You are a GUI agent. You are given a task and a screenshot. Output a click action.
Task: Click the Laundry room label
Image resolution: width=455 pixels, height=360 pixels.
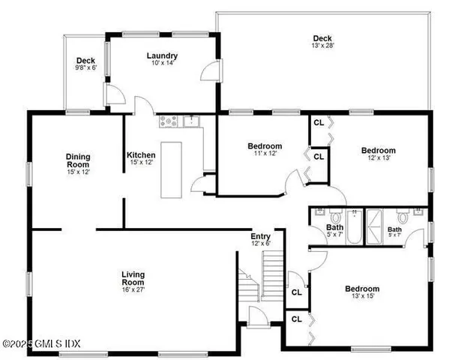(162, 55)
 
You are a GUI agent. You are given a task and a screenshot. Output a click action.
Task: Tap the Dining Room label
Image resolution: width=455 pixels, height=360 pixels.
(78, 160)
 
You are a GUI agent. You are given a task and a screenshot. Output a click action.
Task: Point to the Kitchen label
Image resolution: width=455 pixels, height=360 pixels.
(141, 155)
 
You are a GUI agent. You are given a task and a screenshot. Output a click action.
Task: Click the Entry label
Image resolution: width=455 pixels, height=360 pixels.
(260, 235)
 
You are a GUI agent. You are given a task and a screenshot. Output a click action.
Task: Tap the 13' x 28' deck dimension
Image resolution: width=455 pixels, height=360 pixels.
(323, 46)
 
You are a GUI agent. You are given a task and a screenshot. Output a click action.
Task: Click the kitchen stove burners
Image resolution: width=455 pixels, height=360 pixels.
(167, 120)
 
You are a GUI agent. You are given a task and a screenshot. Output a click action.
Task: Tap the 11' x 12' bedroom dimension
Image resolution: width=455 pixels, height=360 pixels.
(265, 154)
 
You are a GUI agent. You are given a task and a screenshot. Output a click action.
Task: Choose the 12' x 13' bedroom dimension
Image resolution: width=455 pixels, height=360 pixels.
(379, 157)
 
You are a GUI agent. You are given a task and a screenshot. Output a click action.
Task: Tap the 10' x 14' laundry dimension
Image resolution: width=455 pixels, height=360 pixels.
(162, 64)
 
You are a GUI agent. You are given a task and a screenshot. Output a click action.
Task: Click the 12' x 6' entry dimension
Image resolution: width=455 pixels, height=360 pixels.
(260, 243)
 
